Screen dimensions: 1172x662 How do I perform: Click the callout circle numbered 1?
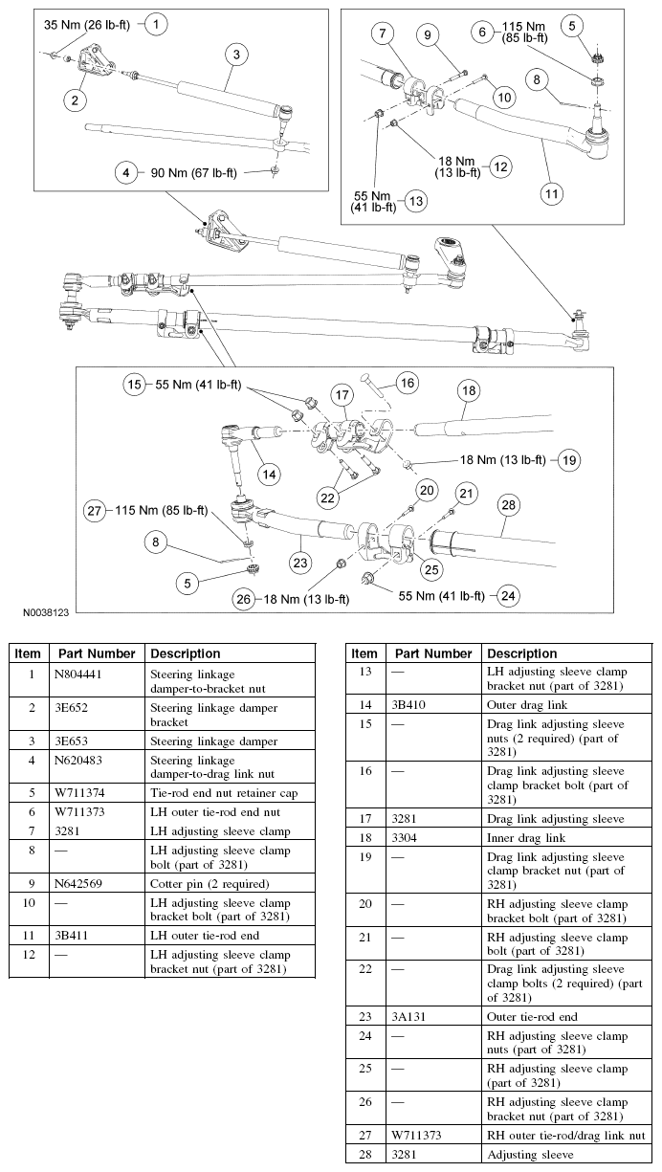pos(158,22)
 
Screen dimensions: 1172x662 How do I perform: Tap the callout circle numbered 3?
pos(236,55)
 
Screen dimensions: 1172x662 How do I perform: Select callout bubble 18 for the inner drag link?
pos(468,390)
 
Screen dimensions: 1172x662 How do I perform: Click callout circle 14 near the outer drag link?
pos(271,474)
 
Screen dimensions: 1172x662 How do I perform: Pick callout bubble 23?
pos(301,564)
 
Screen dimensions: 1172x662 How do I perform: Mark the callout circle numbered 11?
pos(552,192)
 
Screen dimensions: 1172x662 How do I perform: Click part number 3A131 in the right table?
pos(408,1017)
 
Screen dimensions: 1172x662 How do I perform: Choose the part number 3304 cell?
pos(404,838)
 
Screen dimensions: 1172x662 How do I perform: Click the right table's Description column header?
pos(521,653)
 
